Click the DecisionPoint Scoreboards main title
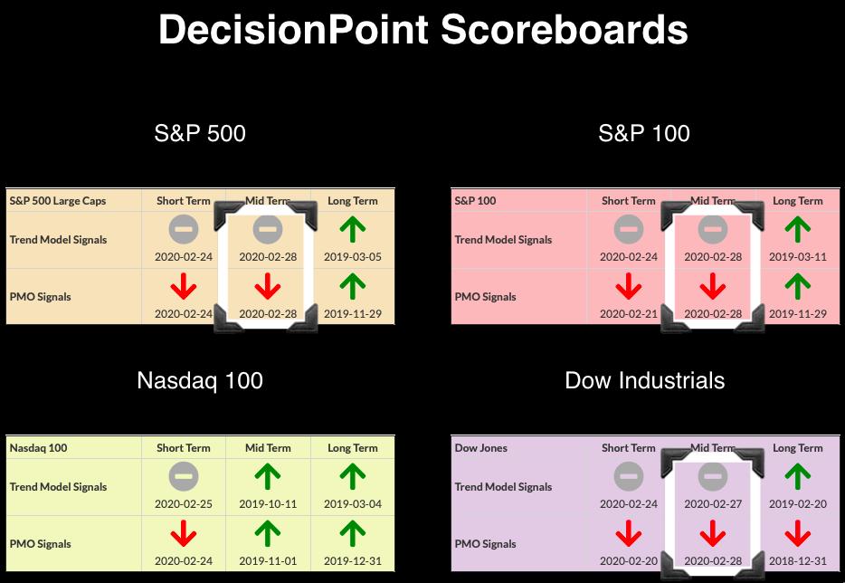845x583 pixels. tap(423, 30)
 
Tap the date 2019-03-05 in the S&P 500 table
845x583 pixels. tap(353, 257)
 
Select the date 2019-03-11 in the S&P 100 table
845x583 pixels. tap(798, 257)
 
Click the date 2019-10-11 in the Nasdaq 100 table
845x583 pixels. tap(268, 503)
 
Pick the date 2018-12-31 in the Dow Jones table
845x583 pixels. tap(798, 561)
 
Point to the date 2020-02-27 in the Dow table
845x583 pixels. tap(713, 503)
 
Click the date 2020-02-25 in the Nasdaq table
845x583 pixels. tap(184, 503)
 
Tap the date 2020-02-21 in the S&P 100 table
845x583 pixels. tap(629, 314)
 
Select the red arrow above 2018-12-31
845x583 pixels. tap(798, 533)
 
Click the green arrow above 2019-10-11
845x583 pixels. tap(268, 477)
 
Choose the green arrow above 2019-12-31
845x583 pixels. tap(353, 533)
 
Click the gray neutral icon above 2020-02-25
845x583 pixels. tap(184, 477)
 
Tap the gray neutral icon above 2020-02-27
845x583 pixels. tap(713, 477)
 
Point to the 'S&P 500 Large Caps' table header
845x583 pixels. tap(58, 201)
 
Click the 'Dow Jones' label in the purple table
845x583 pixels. tap(480, 447)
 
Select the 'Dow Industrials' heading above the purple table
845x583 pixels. tap(644, 381)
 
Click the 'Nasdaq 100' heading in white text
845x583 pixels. tap(200, 381)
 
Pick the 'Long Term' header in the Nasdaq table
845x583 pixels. tap(353, 448)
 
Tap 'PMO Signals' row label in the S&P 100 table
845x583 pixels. tap(485, 297)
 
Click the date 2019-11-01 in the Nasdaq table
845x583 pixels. tap(268, 561)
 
